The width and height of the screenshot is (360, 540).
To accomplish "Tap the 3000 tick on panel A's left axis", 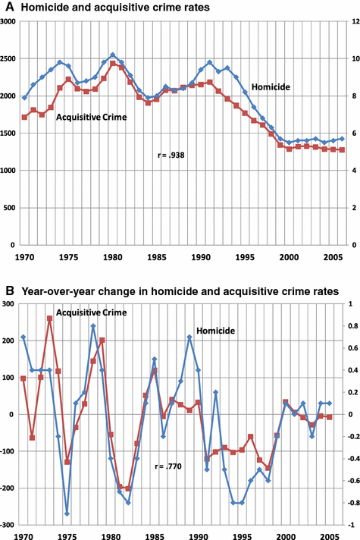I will tap(10, 22).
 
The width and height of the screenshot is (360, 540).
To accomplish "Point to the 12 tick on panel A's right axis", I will tap(352, 22).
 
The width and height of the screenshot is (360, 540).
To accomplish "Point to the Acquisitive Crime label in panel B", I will tap(91, 312).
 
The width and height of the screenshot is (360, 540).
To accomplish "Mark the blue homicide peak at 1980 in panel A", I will tap(113, 55).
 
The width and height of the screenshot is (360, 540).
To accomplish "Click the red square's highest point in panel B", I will tap(50, 319).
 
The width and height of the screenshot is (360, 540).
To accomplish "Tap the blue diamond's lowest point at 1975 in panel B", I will tap(67, 514).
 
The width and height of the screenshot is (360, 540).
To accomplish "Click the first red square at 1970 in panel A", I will tap(24, 117).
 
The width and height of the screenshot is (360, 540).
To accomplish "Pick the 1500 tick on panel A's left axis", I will tap(10, 133).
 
